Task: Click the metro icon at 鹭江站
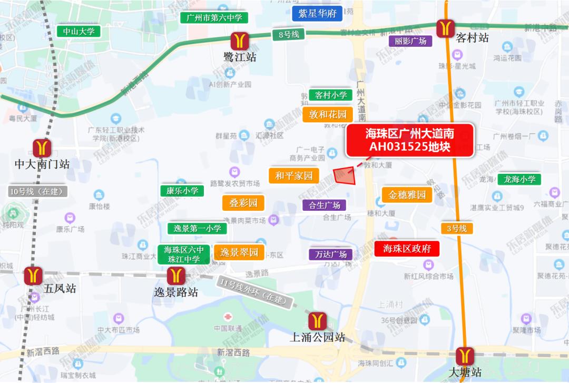pyautogui.click(x=240, y=41)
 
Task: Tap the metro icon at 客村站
pyautogui.click(x=446, y=27)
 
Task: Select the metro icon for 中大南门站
pyautogui.click(x=42, y=148)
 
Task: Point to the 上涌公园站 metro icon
pyautogui.click(x=318, y=320)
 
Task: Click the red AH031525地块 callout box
pyautogui.click(x=409, y=140)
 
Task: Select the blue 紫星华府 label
pyautogui.click(x=317, y=14)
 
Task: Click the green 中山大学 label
pyautogui.click(x=79, y=32)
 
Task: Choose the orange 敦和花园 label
pyautogui.click(x=328, y=114)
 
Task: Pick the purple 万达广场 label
pyautogui.click(x=331, y=254)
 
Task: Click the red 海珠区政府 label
pyautogui.click(x=407, y=249)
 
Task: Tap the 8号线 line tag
pyautogui.click(x=289, y=35)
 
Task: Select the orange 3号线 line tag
pyautogui.click(x=457, y=229)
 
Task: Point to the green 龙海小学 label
pyautogui.click(x=519, y=179)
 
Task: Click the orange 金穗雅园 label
pyautogui.click(x=407, y=195)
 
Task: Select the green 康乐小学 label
pyautogui.click(x=182, y=191)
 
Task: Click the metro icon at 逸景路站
pyautogui.click(x=176, y=276)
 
